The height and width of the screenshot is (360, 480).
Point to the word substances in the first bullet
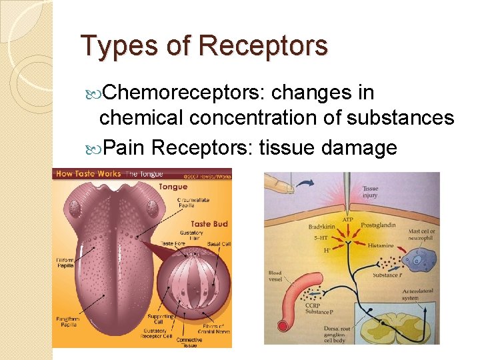(x=399, y=118)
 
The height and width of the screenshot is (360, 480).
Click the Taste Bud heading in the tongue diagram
(x=210, y=224)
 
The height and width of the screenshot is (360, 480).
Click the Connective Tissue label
(x=194, y=342)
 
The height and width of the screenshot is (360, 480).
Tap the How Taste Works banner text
(x=89, y=173)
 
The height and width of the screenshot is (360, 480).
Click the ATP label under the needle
(x=347, y=219)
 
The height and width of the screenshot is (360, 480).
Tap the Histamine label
(x=380, y=247)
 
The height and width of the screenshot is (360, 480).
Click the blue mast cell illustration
(x=419, y=261)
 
